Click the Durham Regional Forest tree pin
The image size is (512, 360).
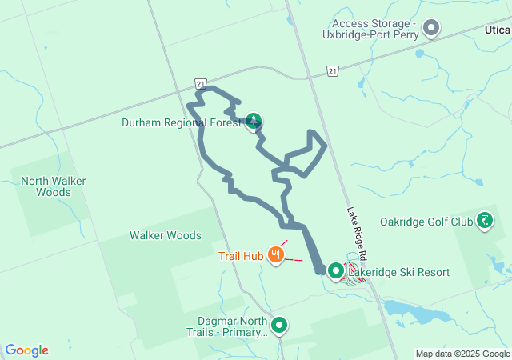tap(254, 122)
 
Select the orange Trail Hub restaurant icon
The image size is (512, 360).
tap(276, 255)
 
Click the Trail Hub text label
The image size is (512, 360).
tap(241, 256)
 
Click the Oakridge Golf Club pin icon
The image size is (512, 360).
tap(485, 220)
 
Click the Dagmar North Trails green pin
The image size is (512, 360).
tap(279, 326)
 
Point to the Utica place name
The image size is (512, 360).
tap(497, 29)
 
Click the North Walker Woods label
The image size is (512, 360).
tap(53, 186)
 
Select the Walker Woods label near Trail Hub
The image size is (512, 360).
tap(166, 235)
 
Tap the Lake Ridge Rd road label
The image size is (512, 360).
tap(357, 233)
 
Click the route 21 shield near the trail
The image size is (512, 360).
tap(201, 83)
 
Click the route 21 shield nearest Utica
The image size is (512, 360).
tap(332, 72)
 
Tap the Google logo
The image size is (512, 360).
tap(27, 350)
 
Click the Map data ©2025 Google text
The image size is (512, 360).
tap(462, 354)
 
